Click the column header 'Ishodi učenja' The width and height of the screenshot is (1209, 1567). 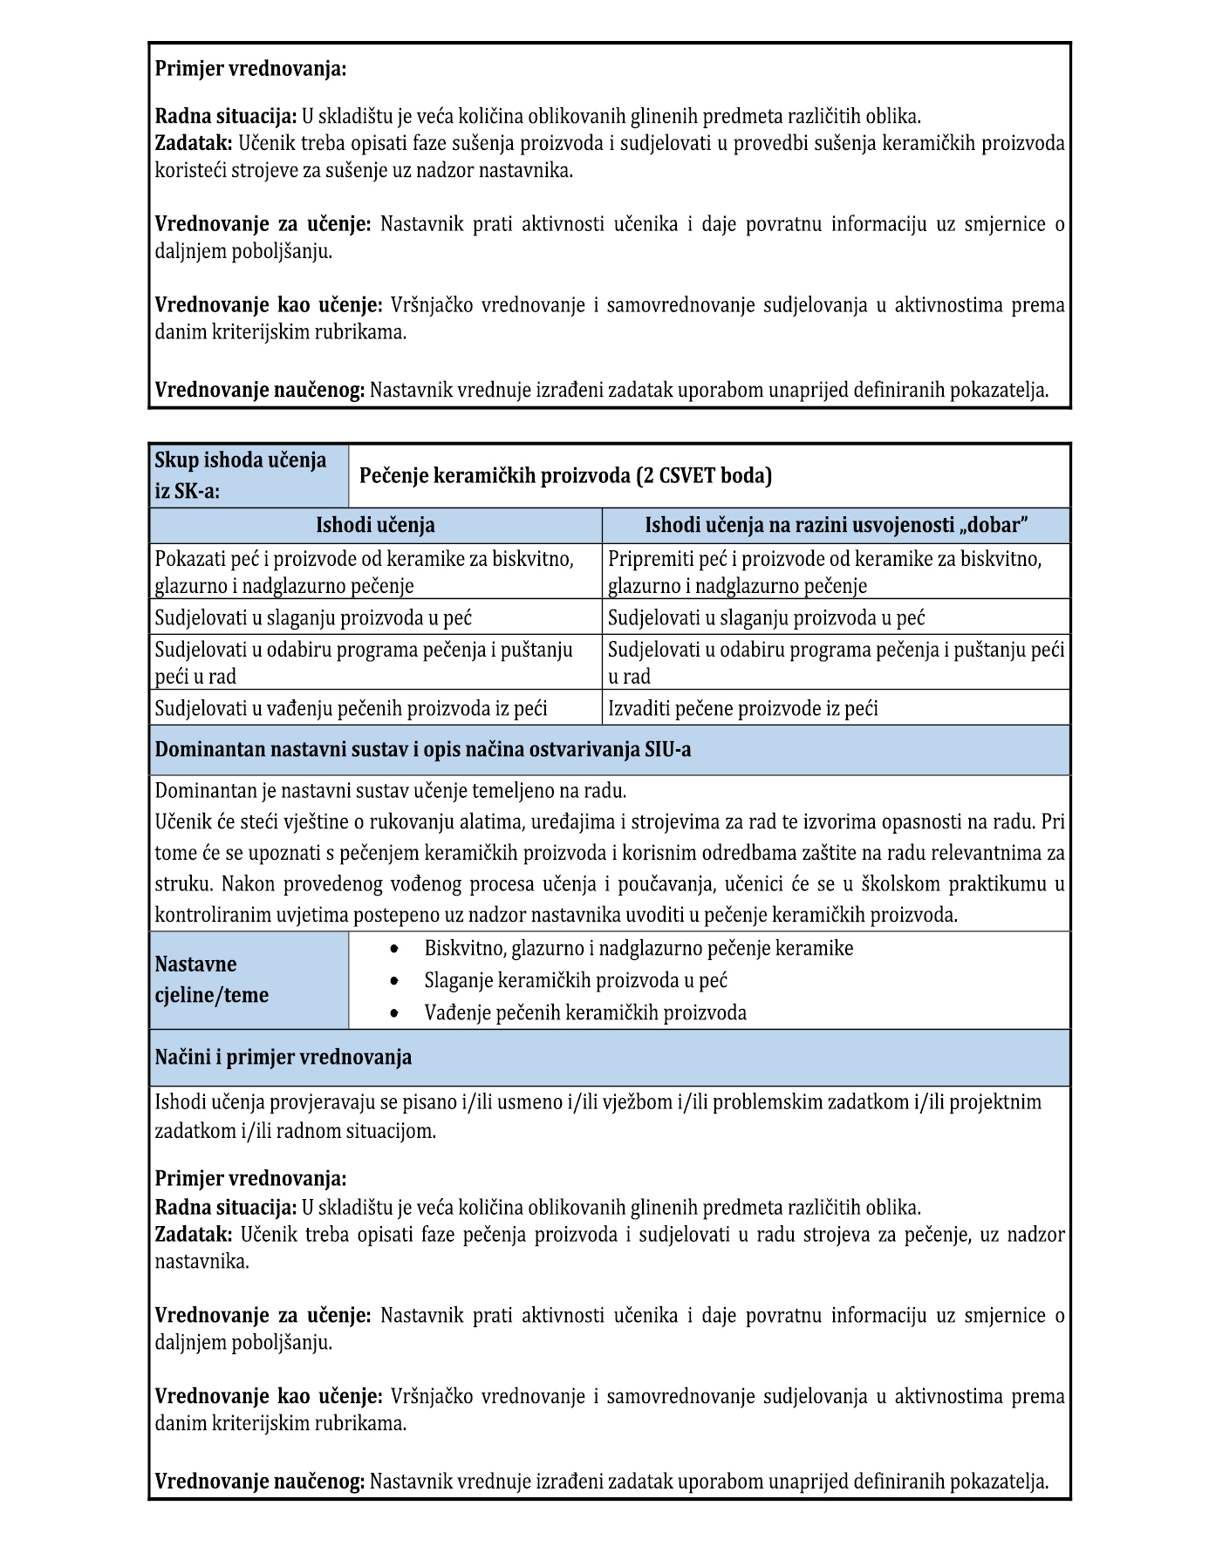(375, 525)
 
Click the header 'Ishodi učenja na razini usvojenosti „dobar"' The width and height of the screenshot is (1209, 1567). (836, 525)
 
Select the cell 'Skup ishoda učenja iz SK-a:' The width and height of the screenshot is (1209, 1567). (248, 475)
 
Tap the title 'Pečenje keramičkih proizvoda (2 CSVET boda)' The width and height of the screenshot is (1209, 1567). (565, 475)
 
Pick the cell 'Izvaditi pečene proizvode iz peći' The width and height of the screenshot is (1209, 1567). (742, 708)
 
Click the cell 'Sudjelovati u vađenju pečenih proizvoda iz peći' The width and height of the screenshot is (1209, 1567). (351, 708)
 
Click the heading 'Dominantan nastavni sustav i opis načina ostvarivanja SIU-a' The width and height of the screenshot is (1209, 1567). (423, 750)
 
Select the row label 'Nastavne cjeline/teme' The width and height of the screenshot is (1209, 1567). (212, 980)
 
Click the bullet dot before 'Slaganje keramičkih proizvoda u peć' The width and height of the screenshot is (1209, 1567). (395, 981)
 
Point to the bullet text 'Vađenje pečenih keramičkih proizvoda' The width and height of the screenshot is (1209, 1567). (585, 1012)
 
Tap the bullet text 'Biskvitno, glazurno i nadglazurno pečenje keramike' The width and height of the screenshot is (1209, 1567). (639, 948)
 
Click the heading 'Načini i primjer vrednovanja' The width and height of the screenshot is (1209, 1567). (283, 1058)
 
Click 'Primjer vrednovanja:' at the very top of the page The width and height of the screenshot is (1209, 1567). (250, 69)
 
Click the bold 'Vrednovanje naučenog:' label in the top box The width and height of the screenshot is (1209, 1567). (259, 390)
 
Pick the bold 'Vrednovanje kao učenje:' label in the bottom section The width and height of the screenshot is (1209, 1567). (268, 1397)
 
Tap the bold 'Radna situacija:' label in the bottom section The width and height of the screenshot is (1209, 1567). (226, 1208)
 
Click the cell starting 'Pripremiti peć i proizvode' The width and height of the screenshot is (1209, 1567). (824, 572)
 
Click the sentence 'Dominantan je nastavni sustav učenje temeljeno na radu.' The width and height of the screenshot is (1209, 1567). (391, 791)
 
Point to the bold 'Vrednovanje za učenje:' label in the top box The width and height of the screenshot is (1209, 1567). (263, 224)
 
